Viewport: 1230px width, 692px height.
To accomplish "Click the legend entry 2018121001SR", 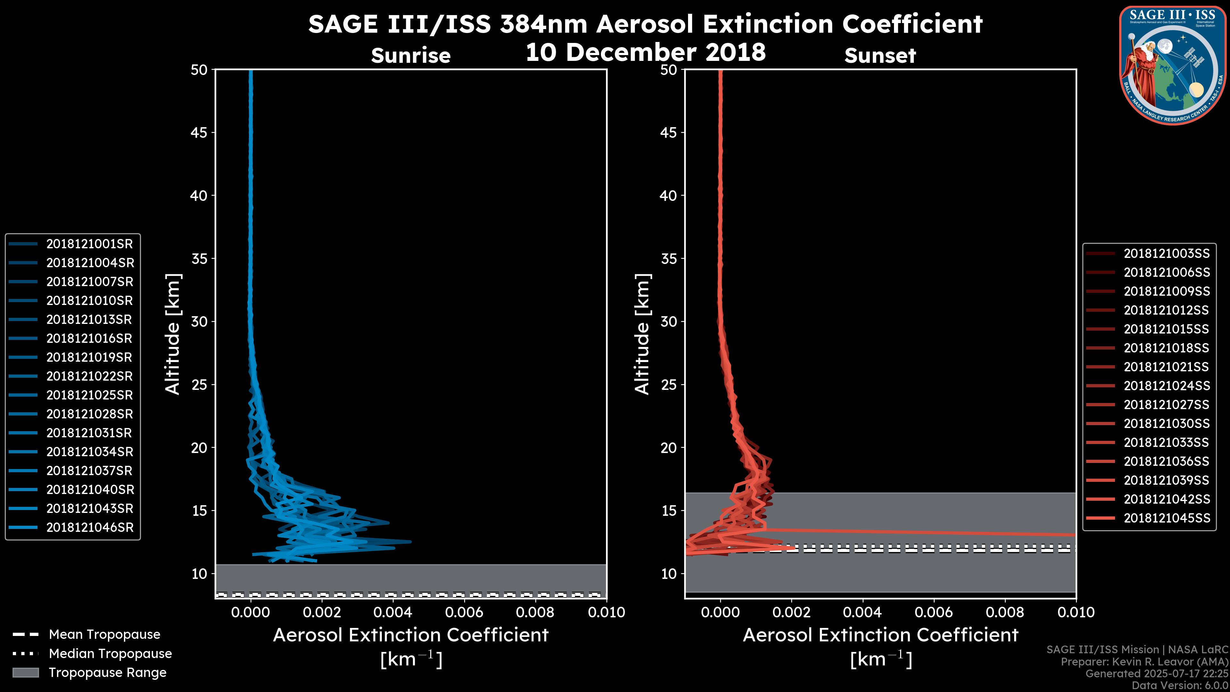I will pyautogui.click(x=89, y=244).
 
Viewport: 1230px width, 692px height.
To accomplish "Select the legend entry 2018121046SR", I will pyautogui.click(x=89, y=528).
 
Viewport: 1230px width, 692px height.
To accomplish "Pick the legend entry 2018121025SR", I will pyautogui.click(x=89, y=395).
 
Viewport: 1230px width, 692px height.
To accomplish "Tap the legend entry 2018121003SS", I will pyautogui.click(x=1167, y=254).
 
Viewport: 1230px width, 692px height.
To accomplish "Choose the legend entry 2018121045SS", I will pyautogui.click(x=1167, y=518).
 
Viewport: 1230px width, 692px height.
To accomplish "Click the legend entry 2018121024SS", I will pyautogui.click(x=1167, y=386).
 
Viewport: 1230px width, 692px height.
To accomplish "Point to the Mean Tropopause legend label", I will pyautogui.click(x=104, y=635).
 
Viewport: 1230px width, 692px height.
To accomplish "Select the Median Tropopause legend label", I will pyautogui.click(x=110, y=654).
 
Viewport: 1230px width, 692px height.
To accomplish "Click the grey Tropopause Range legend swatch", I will pyautogui.click(x=25, y=673).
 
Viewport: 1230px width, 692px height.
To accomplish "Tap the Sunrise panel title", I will pyautogui.click(x=411, y=56).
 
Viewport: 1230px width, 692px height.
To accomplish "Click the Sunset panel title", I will pyautogui.click(x=880, y=56).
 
